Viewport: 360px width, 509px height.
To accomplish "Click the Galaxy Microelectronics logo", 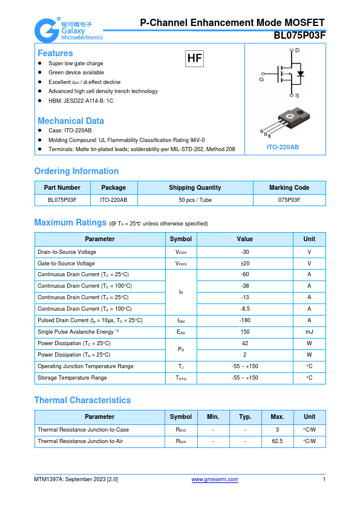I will [x=68, y=30].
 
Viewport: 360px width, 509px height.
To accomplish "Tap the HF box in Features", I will [x=194, y=59].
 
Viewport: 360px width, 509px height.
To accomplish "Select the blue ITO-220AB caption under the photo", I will [x=283, y=147].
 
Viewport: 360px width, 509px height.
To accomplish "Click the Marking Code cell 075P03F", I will [x=289, y=199].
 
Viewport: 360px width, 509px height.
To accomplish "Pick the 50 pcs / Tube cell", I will [x=195, y=199].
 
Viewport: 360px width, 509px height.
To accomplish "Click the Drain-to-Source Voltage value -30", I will [x=244, y=251].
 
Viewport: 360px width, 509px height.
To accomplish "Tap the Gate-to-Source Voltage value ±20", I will [x=244, y=263].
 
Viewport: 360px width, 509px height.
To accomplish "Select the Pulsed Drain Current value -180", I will [x=244, y=320].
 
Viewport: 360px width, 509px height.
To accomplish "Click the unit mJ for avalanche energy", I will [x=309, y=332].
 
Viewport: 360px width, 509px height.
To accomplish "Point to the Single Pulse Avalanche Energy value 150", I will [x=244, y=332].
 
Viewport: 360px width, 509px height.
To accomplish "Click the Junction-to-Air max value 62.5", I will [x=277, y=441].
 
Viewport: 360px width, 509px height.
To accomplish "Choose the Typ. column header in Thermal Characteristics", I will [x=245, y=417].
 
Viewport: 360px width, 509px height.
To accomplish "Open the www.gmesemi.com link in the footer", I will [x=215, y=479].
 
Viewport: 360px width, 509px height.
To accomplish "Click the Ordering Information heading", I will [x=76, y=171].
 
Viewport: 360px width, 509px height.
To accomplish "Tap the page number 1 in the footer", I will [x=324, y=479].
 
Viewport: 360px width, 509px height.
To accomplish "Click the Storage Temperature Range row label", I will [x=72, y=378].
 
